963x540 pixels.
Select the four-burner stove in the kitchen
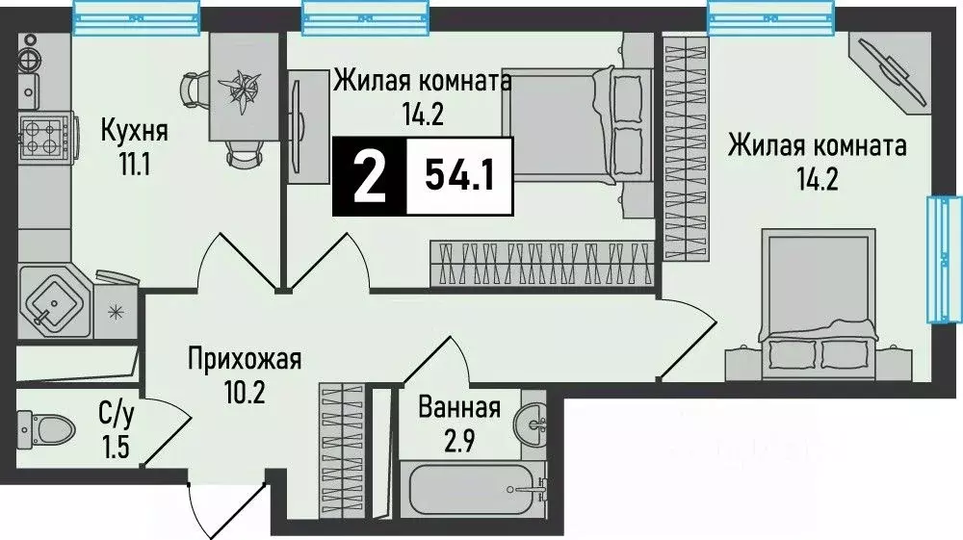coord(41,136)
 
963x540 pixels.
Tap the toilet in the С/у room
coord(48,425)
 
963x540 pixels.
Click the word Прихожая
coord(244,360)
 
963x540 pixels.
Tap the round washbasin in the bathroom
coord(531,421)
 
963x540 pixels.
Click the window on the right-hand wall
coord(943,259)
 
